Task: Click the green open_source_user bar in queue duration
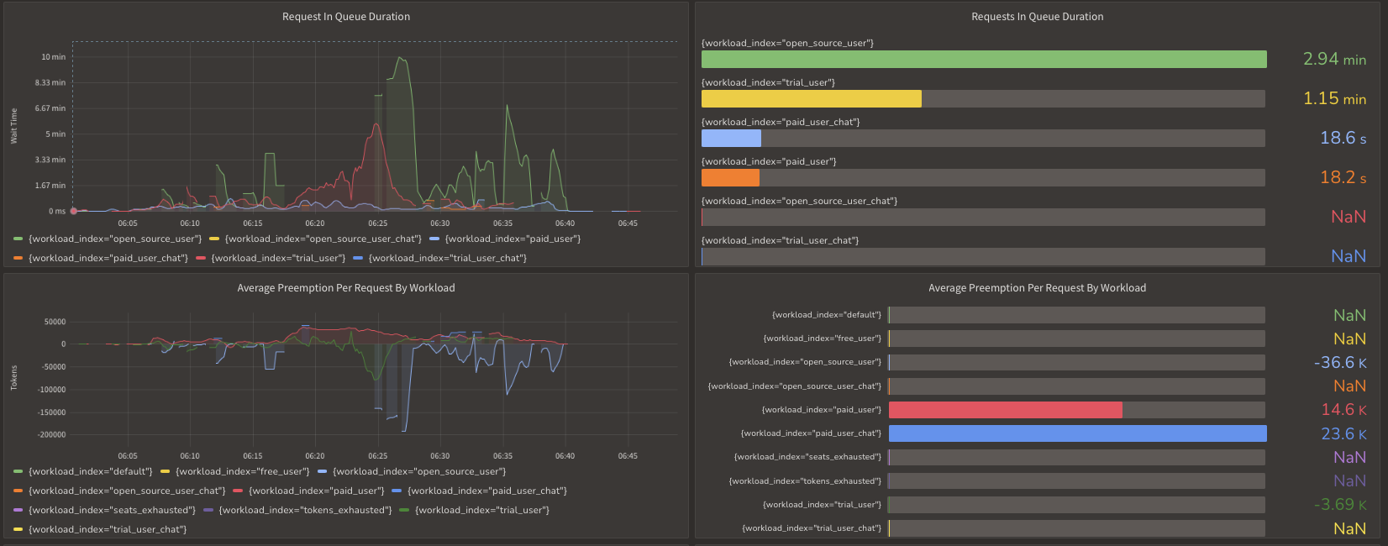click(x=983, y=59)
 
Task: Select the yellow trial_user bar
click(x=811, y=98)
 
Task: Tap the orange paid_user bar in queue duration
click(x=730, y=177)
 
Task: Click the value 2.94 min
click(x=1333, y=59)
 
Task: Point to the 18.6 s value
click(x=1342, y=138)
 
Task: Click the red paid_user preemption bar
click(x=1005, y=409)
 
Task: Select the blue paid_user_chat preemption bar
click(x=1077, y=433)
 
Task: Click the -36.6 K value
click(x=1339, y=363)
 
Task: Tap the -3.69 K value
click(x=1339, y=505)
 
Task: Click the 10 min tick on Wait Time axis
click(x=53, y=57)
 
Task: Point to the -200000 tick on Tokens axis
click(x=51, y=435)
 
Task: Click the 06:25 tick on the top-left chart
click(x=377, y=223)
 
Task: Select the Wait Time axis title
click(x=13, y=126)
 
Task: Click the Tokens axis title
click(x=13, y=378)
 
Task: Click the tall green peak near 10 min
click(x=400, y=58)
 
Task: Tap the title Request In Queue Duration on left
click(x=346, y=17)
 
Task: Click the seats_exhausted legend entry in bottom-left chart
click(x=111, y=510)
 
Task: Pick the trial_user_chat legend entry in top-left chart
click(x=447, y=258)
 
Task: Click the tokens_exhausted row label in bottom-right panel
click(x=805, y=481)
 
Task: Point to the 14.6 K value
click(x=1343, y=410)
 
